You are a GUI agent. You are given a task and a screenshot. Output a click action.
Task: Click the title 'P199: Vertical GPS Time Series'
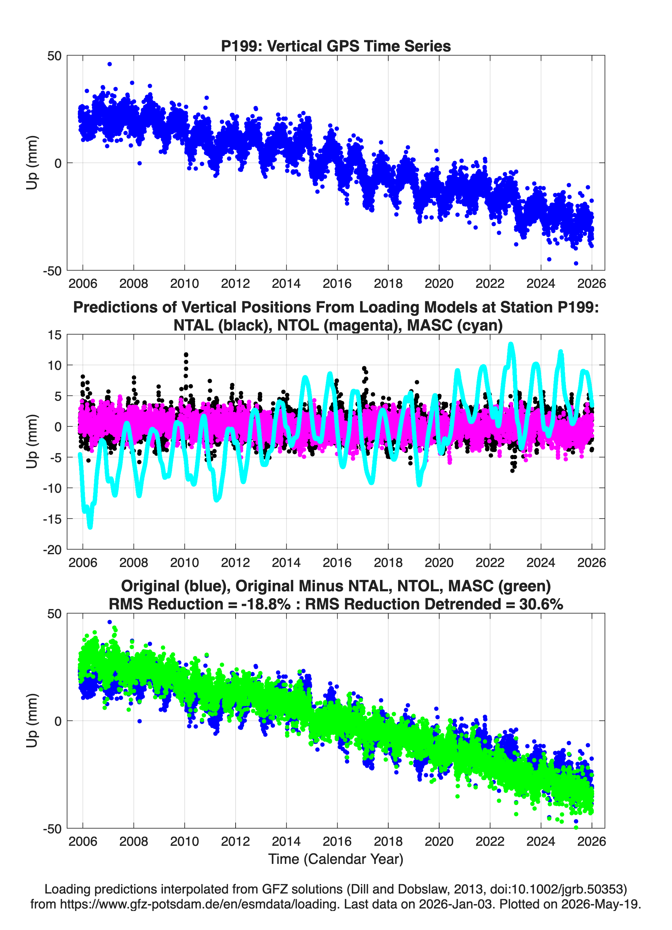(x=336, y=46)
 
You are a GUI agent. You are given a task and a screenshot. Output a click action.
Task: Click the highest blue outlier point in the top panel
(x=110, y=64)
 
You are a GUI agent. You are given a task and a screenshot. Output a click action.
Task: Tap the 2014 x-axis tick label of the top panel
(x=286, y=283)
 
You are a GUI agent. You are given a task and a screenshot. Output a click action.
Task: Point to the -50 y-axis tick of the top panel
(x=52, y=271)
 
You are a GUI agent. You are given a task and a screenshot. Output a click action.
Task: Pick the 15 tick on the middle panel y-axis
(x=55, y=335)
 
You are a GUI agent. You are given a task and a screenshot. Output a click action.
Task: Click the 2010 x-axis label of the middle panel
(x=185, y=562)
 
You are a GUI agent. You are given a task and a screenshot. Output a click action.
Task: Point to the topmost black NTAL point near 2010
(x=186, y=354)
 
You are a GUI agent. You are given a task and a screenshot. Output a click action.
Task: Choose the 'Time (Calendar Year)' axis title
(x=336, y=859)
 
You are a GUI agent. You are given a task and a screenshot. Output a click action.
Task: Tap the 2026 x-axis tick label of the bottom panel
(x=592, y=841)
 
